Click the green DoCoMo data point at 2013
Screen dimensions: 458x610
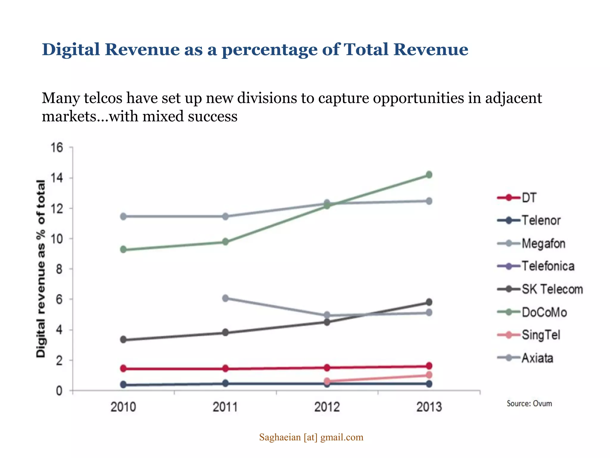point(429,175)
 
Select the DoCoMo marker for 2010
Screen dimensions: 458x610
point(123,250)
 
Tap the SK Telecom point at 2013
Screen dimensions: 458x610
point(429,302)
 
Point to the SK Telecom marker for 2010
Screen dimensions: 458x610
point(123,340)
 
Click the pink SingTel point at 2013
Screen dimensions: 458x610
point(429,375)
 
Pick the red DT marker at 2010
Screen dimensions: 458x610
point(123,369)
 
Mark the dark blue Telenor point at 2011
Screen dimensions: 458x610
point(225,383)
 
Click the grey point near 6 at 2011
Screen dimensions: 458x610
point(225,298)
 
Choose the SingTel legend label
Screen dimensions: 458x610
point(541,335)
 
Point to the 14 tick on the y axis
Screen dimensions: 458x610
point(57,178)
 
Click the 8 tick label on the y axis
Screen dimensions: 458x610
point(59,269)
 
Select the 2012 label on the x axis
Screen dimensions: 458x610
point(327,407)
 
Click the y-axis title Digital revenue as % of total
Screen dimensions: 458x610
point(41,268)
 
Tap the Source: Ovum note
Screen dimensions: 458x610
point(529,403)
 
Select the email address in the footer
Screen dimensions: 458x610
point(311,437)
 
